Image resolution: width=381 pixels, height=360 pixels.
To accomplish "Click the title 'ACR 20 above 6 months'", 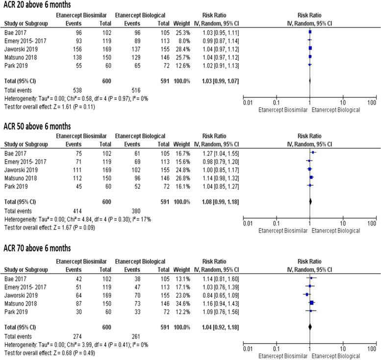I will tap(37, 5).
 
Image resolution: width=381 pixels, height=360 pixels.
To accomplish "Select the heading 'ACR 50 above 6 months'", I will tap(37, 126).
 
